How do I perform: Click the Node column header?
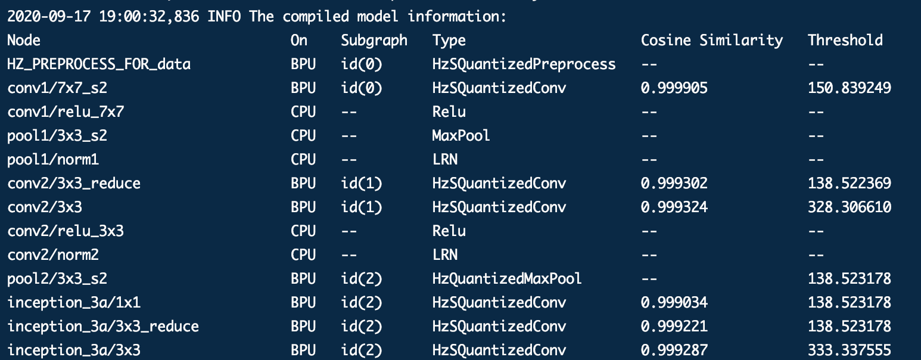pyautogui.click(x=24, y=41)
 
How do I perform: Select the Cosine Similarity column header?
pyautogui.click(x=712, y=41)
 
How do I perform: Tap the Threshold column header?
pyautogui.click(x=845, y=41)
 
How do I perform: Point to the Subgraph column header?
pyautogui.click(x=374, y=41)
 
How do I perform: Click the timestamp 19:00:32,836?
pyautogui.click(x=149, y=17)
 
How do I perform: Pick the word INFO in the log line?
pyautogui.click(x=224, y=17)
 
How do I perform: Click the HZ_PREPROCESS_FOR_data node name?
pyautogui.click(x=99, y=64)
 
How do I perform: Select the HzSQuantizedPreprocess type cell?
pyautogui.click(x=524, y=64)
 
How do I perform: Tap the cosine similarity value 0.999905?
pyautogui.click(x=674, y=88)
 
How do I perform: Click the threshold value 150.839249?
pyautogui.click(x=850, y=88)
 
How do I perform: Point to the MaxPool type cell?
pyautogui.click(x=461, y=136)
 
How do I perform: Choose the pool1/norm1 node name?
pyautogui.click(x=53, y=160)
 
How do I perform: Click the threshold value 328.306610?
pyautogui.click(x=850, y=207)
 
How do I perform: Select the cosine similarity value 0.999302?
pyautogui.click(x=674, y=184)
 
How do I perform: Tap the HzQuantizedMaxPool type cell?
pyautogui.click(x=507, y=279)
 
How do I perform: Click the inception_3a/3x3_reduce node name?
pyautogui.click(x=103, y=327)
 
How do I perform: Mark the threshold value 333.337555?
pyautogui.click(x=850, y=350)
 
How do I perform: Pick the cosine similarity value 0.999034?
pyautogui.click(x=674, y=303)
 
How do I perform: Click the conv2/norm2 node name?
pyautogui.click(x=53, y=255)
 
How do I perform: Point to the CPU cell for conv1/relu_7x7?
pyautogui.click(x=303, y=112)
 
